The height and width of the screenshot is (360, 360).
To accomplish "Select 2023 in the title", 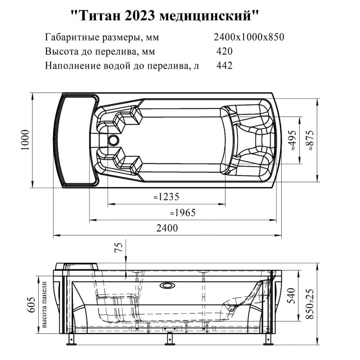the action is (x=139, y=16).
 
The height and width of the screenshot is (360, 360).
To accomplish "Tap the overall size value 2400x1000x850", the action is (x=249, y=37).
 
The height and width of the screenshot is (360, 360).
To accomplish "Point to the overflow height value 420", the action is (x=224, y=51).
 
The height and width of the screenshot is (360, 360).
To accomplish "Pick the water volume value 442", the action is (x=224, y=65).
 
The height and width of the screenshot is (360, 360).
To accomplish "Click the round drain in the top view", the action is (x=114, y=140).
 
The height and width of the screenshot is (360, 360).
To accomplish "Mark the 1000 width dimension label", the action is (x=25, y=140).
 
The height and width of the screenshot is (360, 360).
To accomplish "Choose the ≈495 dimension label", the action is (x=292, y=140).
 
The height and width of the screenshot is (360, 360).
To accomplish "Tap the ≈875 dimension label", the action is (x=310, y=140).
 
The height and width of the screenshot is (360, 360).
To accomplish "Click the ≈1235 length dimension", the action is (x=166, y=197).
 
